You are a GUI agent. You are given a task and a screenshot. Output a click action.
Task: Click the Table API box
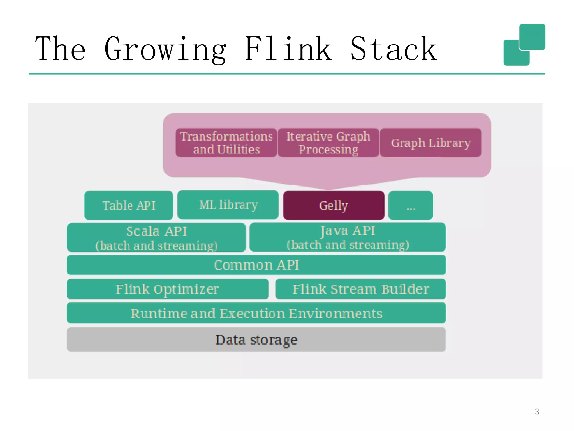(129, 205)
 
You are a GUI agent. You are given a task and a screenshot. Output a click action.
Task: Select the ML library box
(228, 205)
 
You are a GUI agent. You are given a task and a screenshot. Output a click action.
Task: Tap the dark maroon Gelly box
(334, 205)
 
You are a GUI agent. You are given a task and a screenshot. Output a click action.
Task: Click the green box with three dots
(411, 205)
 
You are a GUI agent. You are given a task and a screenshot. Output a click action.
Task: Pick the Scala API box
(156, 237)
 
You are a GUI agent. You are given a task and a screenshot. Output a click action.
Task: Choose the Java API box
(348, 237)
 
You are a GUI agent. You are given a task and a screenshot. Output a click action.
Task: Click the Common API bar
(256, 265)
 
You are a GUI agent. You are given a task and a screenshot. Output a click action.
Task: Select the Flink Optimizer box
(168, 289)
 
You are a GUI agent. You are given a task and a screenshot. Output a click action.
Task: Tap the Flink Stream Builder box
(361, 289)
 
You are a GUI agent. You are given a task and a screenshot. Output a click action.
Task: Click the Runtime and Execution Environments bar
(256, 313)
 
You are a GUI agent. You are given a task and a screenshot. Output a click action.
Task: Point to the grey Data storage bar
(256, 340)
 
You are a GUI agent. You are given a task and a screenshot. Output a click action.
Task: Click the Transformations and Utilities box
(226, 143)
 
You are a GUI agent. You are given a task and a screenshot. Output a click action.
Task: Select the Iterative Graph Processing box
(328, 143)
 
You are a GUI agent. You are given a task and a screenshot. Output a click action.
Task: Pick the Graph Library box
(430, 143)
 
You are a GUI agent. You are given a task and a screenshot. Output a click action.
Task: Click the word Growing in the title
(165, 49)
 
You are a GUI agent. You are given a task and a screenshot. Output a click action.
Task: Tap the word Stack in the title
(394, 49)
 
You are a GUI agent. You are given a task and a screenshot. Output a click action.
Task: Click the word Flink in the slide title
(288, 49)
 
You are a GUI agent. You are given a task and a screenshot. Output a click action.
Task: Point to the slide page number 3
(537, 412)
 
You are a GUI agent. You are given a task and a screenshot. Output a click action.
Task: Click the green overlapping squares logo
(524, 45)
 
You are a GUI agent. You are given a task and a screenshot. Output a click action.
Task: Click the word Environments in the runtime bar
(335, 313)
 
